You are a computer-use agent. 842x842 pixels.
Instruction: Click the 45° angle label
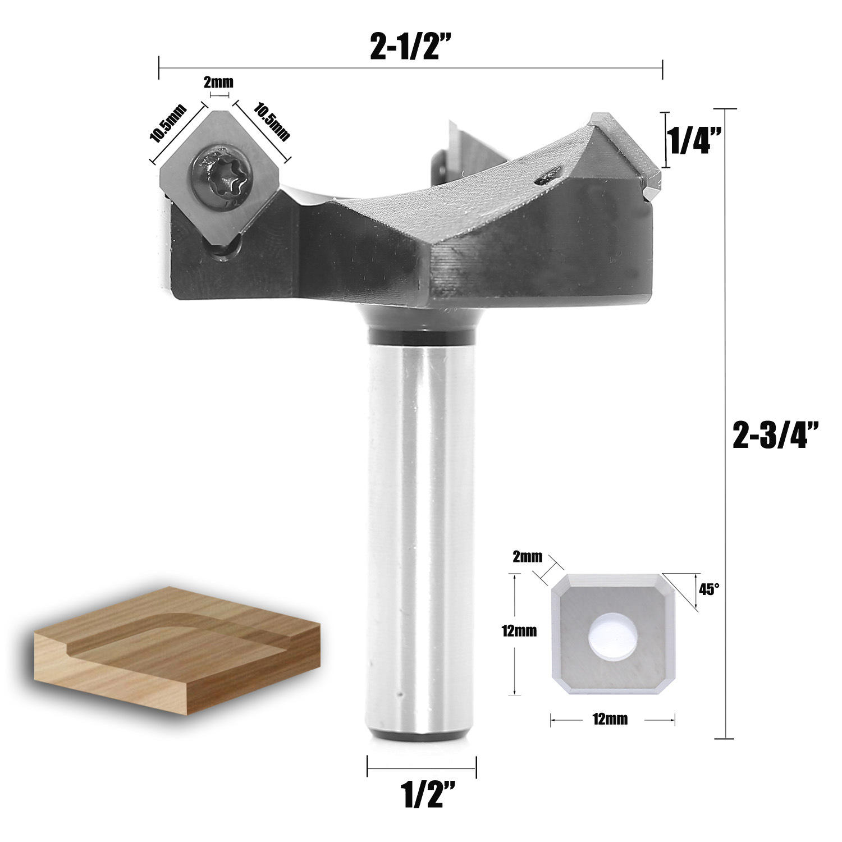tap(708, 589)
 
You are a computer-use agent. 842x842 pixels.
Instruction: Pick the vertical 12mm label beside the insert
tap(519, 631)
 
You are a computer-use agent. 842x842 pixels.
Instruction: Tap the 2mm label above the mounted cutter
tap(218, 83)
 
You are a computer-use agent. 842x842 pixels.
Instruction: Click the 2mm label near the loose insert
tap(528, 557)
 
